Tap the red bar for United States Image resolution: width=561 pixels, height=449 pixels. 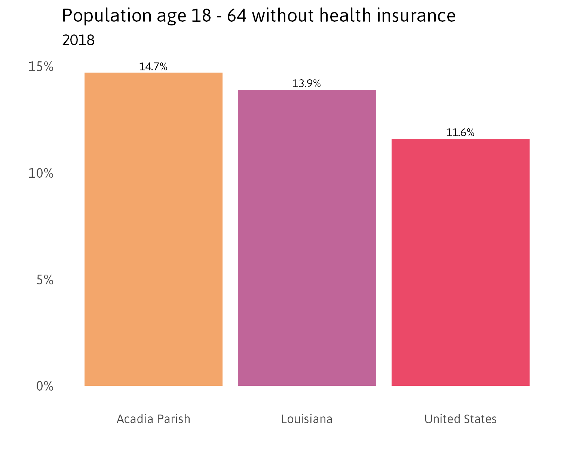click(460, 262)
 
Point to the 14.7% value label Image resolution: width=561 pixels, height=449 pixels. click(153, 67)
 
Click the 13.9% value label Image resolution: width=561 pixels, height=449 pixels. click(307, 84)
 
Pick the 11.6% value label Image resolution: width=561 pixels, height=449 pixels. click(460, 133)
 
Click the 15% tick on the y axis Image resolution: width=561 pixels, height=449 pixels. click(41, 67)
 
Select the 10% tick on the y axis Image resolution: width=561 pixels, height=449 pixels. click(41, 174)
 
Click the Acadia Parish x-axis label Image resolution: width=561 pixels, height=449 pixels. click(153, 419)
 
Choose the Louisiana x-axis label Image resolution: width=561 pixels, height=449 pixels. click(307, 419)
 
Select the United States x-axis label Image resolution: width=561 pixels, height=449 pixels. click(460, 419)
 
